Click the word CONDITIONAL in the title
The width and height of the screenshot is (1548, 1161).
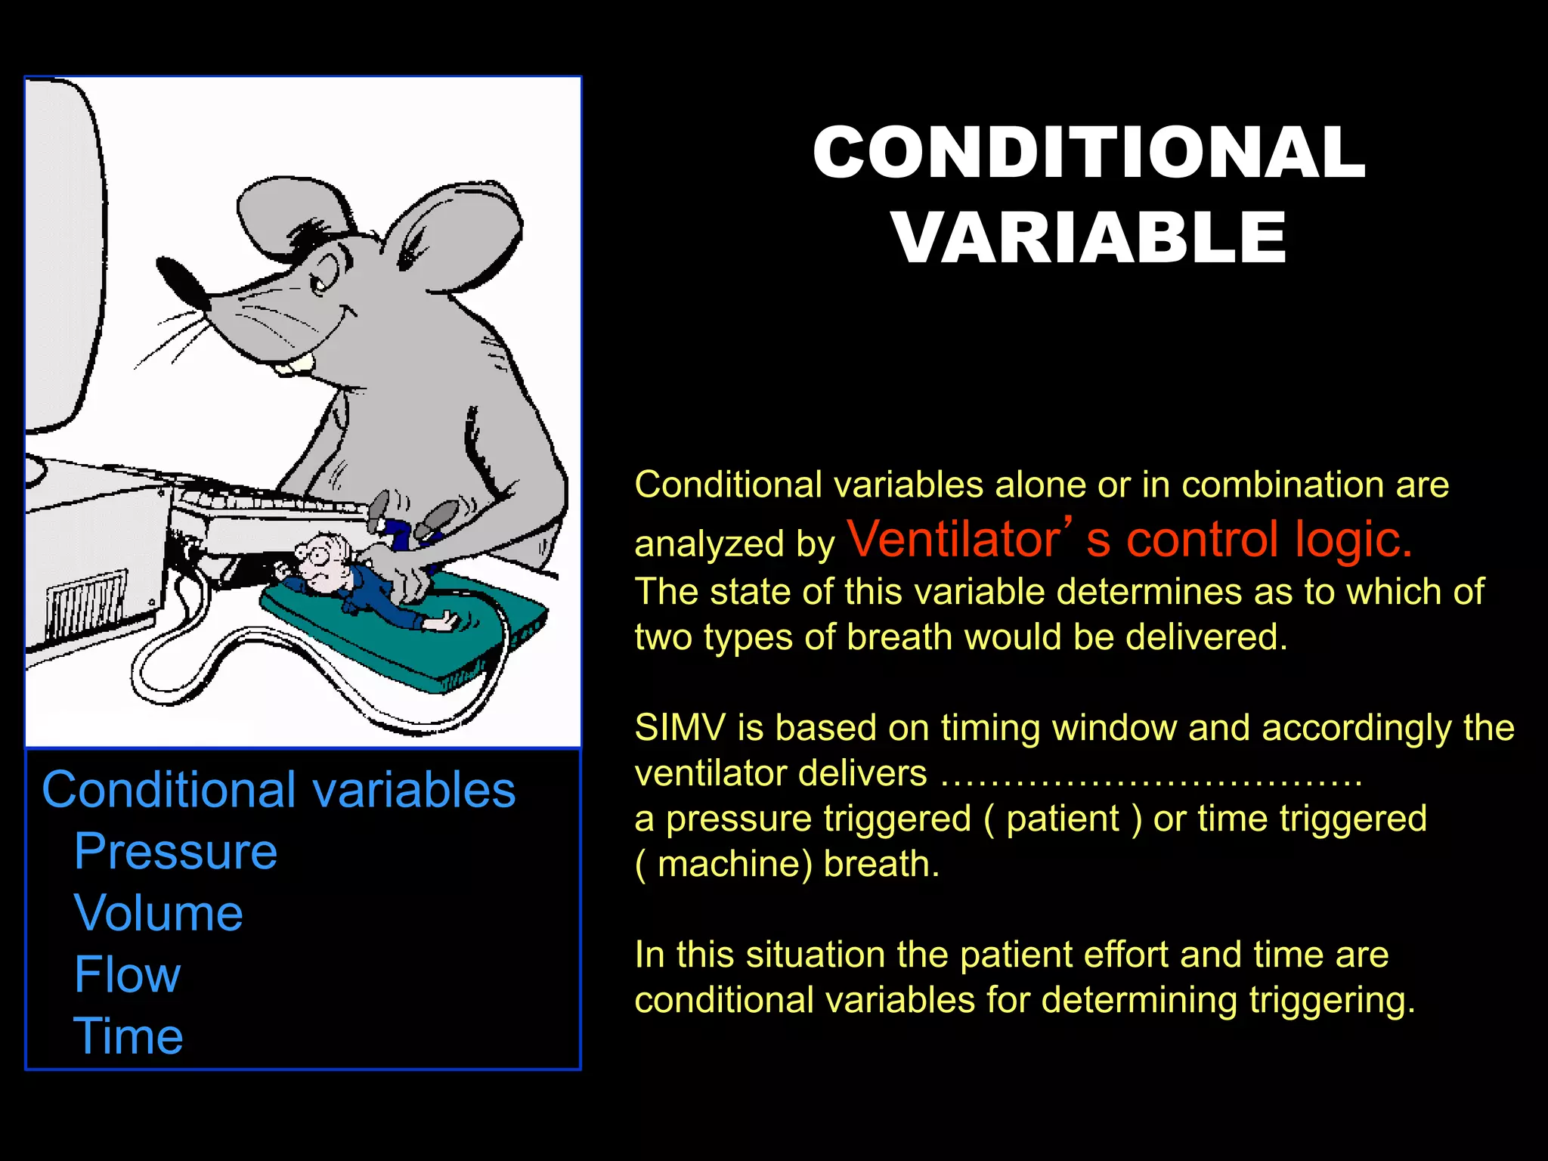click(x=1088, y=153)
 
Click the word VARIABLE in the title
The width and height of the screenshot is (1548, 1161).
click(x=1088, y=238)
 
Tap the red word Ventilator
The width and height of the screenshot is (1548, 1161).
click(x=954, y=540)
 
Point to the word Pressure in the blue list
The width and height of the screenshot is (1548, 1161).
click(x=175, y=852)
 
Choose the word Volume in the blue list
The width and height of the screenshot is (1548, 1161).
click(x=159, y=913)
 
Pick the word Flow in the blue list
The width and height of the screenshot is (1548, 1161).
click(x=127, y=974)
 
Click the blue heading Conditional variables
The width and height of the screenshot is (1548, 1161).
click(x=278, y=791)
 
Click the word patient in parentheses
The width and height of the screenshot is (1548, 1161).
click(x=1063, y=819)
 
